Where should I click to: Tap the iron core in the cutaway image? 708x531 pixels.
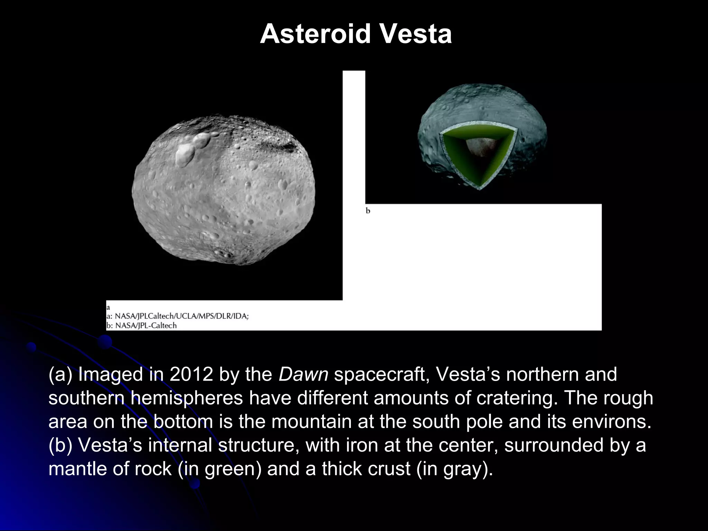coord(479,147)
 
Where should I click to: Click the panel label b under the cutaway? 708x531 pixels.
coord(368,211)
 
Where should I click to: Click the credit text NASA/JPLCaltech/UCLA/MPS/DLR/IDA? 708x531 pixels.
coord(181,316)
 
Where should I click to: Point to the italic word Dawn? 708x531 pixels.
coord(303,374)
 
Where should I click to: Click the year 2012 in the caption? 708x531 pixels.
coord(191,374)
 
